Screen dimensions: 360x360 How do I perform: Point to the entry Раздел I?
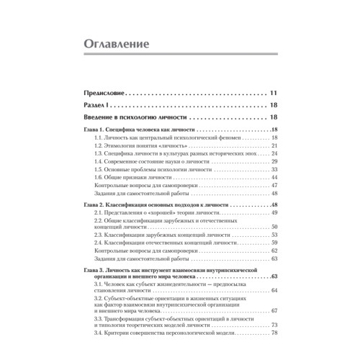pos(99,105)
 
